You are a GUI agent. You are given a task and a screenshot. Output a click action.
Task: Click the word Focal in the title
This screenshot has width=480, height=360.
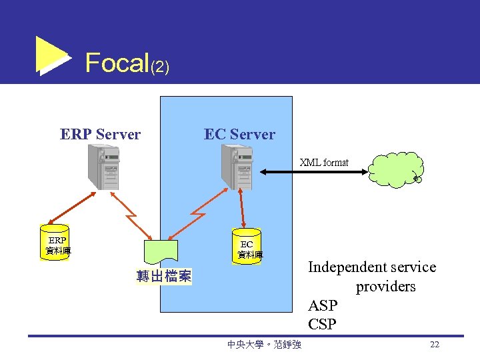[x=117, y=63]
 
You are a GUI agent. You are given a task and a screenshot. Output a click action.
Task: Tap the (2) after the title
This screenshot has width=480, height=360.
[x=160, y=67]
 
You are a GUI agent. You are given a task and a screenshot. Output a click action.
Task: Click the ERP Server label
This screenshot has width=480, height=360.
[x=100, y=135]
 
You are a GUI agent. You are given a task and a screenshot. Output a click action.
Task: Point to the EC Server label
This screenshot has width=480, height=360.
[x=239, y=135]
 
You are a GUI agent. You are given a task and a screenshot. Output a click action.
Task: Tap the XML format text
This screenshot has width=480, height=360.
[x=324, y=163]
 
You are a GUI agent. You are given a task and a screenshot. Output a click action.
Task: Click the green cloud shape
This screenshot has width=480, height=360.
[x=395, y=170]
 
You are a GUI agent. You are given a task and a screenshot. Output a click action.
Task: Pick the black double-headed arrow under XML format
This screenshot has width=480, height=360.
[x=313, y=172]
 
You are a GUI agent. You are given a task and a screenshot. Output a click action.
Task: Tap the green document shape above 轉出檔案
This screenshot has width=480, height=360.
[x=160, y=253]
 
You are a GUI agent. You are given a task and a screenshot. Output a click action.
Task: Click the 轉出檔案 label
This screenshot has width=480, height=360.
[x=163, y=276]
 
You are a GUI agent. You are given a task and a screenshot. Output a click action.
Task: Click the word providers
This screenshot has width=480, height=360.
[x=385, y=287]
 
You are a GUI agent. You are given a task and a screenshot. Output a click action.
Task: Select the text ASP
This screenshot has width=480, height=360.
[x=323, y=306]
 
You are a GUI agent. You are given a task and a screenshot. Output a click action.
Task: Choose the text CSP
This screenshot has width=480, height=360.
[x=323, y=325]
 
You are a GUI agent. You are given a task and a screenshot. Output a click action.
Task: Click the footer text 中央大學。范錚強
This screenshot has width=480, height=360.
[x=264, y=345]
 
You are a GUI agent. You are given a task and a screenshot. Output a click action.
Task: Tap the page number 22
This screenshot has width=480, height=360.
[x=435, y=345]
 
